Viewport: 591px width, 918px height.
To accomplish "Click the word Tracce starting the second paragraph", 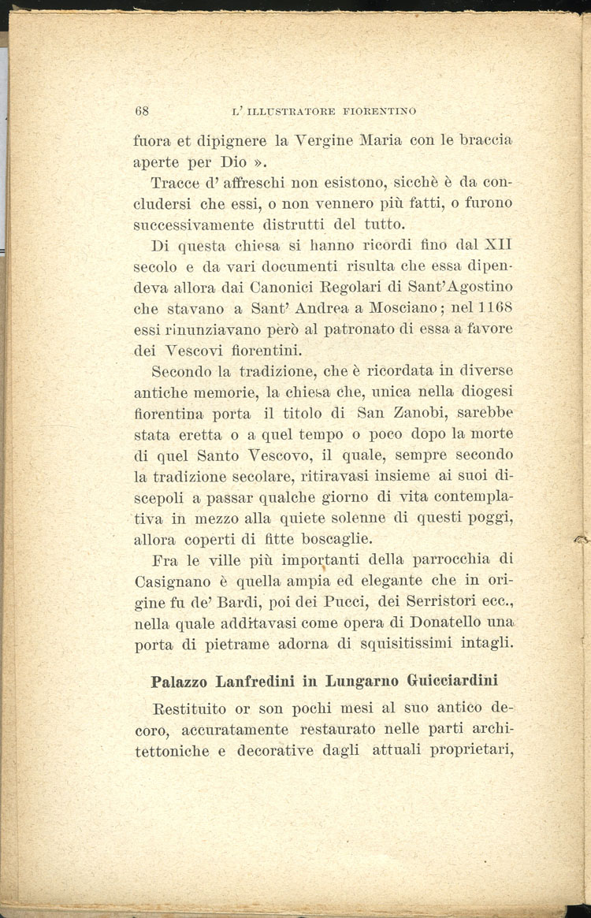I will click(x=177, y=184).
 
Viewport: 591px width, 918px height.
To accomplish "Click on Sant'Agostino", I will click(x=458, y=287).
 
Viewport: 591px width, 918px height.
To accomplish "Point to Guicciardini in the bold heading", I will click(x=445, y=680).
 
